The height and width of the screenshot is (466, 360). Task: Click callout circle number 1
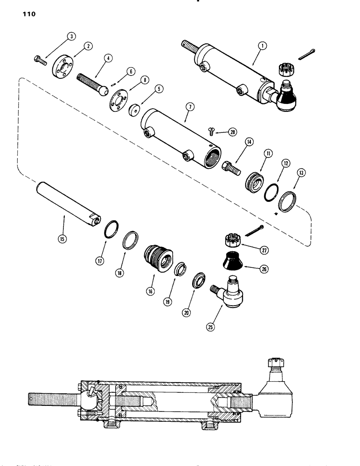click(263, 46)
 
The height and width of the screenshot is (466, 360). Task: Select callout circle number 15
click(62, 240)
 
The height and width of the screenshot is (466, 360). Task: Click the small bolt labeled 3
click(39, 60)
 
